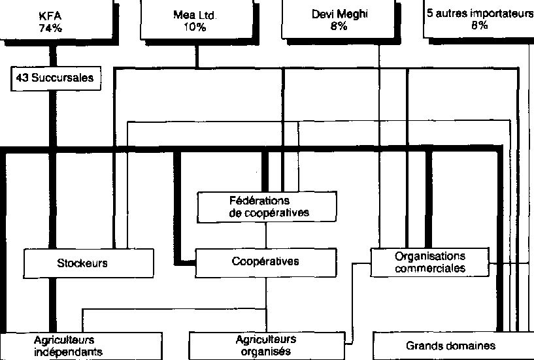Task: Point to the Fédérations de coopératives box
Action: pyautogui.click(x=267, y=206)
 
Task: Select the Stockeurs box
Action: pyautogui.click(x=90, y=263)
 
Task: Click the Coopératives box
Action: pyautogui.click(x=265, y=262)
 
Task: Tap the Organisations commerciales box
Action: pyautogui.click(x=429, y=261)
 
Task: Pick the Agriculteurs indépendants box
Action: pyautogui.click(x=80, y=346)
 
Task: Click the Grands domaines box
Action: pyautogui.click(x=451, y=346)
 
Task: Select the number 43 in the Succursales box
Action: pyautogui.click(x=21, y=78)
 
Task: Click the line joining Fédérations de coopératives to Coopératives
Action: pyautogui.click(x=266, y=235)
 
